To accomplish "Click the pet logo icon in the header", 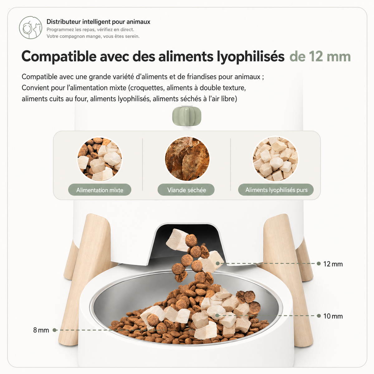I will pyautogui.click(x=31, y=28).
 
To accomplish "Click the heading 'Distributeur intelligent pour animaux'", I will pyautogui.click(x=98, y=22).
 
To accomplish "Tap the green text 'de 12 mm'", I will pyautogui.click(x=320, y=57).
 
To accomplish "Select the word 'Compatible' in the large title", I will pyautogui.click(x=59, y=57).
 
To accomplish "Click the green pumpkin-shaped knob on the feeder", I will pyautogui.click(x=187, y=116).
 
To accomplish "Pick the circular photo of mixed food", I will pyautogui.click(x=100, y=159).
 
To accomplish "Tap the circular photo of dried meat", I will pyautogui.click(x=187, y=159).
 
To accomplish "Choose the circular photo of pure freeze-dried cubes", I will pyautogui.click(x=275, y=159).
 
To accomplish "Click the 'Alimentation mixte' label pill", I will pyautogui.click(x=100, y=190).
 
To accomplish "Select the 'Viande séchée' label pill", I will pyautogui.click(x=186, y=190).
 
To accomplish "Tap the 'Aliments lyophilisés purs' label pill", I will pyautogui.click(x=276, y=190).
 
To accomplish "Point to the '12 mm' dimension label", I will pyautogui.click(x=333, y=264).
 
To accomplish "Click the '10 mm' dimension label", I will pyautogui.click(x=333, y=316).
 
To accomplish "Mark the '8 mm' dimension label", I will pyautogui.click(x=41, y=330).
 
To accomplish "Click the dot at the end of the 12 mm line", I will pyautogui.click(x=319, y=264).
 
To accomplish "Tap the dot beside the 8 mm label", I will pyautogui.click(x=55, y=330).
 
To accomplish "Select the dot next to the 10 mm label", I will pyautogui.click(x=319, y=316).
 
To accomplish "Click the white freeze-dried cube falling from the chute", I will pyautogui.click(x=177, y=240).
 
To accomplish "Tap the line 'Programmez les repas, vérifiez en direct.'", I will pyautogui.click(x=90, y=30).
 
